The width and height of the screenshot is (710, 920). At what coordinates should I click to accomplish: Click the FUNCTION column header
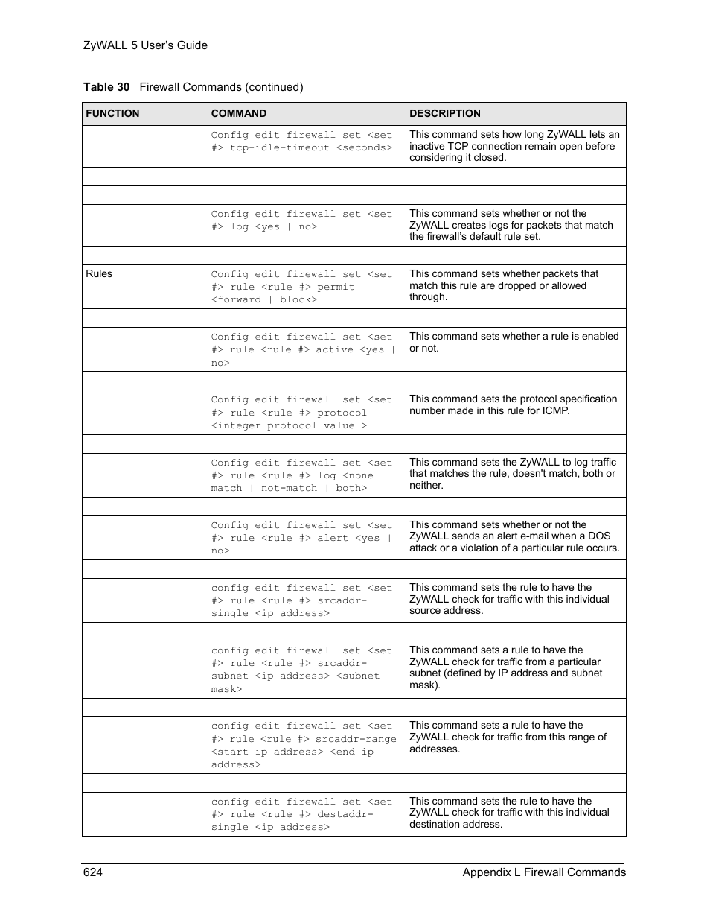(112, 114)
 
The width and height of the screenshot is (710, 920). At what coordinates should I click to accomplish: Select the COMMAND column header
(238, 114)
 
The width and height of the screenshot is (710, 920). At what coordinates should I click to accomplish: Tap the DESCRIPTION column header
(444, 114)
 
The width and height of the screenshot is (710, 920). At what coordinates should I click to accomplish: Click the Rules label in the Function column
(99, 274)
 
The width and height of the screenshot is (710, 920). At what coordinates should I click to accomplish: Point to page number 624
(93, 872)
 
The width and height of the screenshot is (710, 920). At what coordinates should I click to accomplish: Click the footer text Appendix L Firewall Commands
(543, 872)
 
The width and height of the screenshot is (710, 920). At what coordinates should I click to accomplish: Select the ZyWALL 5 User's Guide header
(145, 45)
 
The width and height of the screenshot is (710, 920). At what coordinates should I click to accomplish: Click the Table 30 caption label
(106, 87)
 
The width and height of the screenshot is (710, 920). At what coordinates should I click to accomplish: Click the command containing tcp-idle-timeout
(301, 142)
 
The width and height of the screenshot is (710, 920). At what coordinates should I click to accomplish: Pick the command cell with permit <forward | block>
(301, 287)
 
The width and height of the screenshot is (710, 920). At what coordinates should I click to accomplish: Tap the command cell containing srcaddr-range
(304, 745)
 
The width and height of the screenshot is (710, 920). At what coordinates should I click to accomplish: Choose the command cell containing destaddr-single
(301, 814)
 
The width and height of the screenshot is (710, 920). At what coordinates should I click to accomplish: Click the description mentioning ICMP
(513, 405)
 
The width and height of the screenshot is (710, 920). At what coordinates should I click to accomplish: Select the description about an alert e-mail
(514, 536)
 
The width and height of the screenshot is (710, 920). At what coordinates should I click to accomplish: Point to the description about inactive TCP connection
(514, 146)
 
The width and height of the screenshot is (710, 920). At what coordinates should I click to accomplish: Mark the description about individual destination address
(509, 813)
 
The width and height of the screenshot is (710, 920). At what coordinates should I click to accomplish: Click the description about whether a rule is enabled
(514, 342)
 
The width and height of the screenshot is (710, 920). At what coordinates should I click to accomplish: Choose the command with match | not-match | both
(301, 475)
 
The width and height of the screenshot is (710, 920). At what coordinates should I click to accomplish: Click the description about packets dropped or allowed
(505, 285)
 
